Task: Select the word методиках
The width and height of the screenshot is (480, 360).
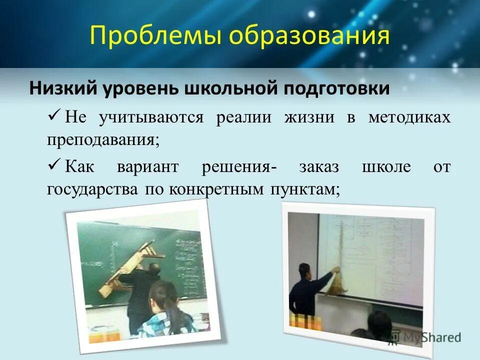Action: pos(409,117)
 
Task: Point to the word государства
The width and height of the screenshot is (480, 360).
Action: pos(93,190)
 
